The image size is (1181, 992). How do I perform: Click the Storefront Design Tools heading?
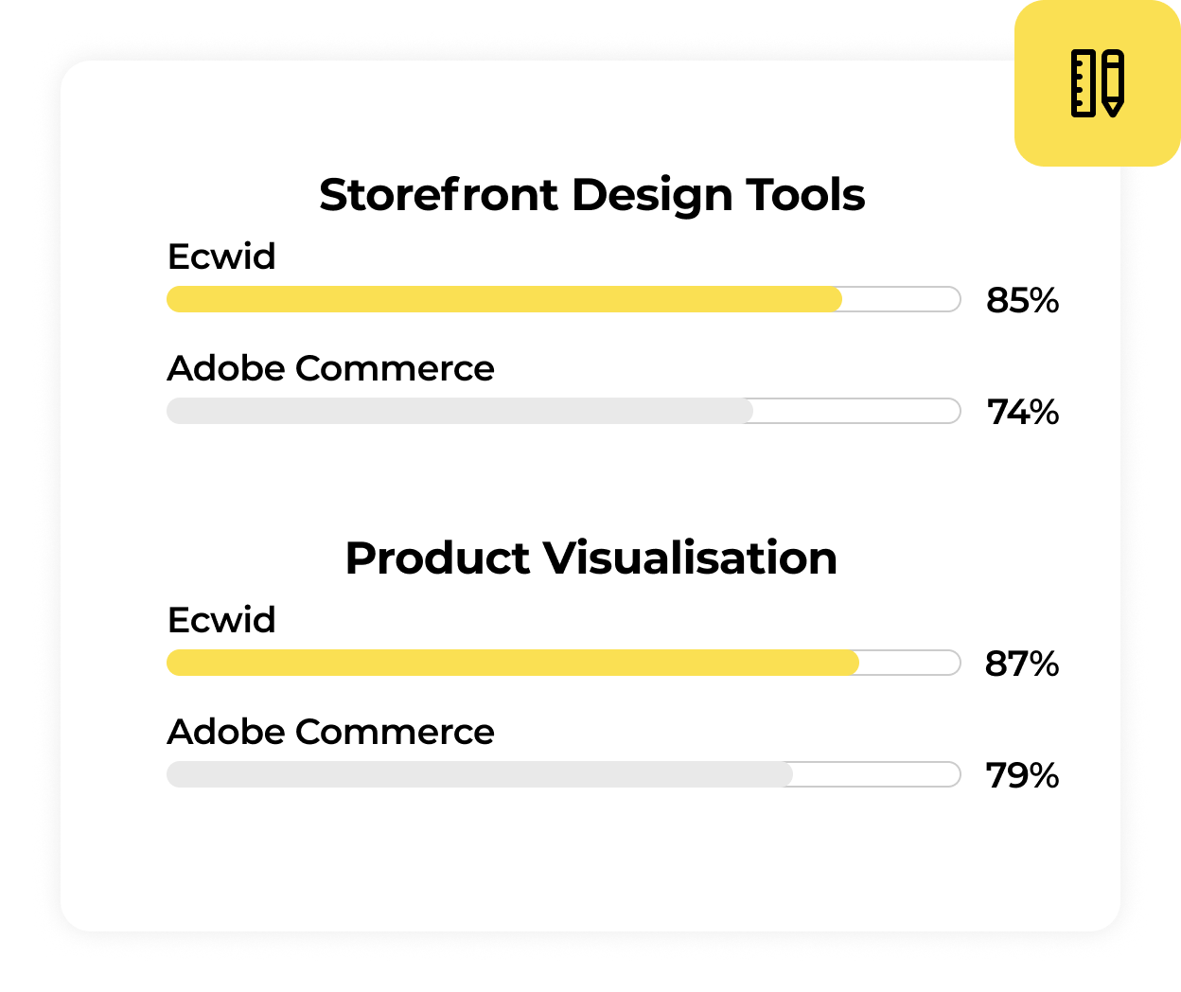pos(591,195)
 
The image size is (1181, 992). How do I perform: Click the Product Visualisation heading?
pos(591,558)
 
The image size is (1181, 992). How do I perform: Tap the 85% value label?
pos(1022,300)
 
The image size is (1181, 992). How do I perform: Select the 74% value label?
pos(1023,412)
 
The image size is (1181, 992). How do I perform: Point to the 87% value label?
pos(1021,664)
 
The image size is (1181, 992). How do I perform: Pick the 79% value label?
pos(1022,774)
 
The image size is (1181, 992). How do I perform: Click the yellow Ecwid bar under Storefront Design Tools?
pos(504,299)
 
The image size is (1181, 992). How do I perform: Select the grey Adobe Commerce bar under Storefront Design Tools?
pos(459,411)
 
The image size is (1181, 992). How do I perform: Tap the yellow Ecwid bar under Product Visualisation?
pos(513,663)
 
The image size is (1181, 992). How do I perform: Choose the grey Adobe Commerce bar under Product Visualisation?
pos(479,774)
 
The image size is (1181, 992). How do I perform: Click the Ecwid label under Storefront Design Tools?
pos(221,257)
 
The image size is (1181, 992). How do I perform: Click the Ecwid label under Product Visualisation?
pos(221,620)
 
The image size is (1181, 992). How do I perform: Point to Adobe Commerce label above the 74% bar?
pos(331,368)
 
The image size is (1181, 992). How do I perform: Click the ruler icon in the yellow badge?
pos(1084,83)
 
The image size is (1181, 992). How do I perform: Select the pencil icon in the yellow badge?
pos(1113,83)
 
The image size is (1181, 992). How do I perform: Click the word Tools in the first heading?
pos(805,195)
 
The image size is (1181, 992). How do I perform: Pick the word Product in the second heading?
pos(438,558)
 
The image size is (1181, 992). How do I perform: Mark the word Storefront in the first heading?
pos(439,195)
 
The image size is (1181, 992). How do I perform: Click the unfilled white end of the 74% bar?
pos(857,411)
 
